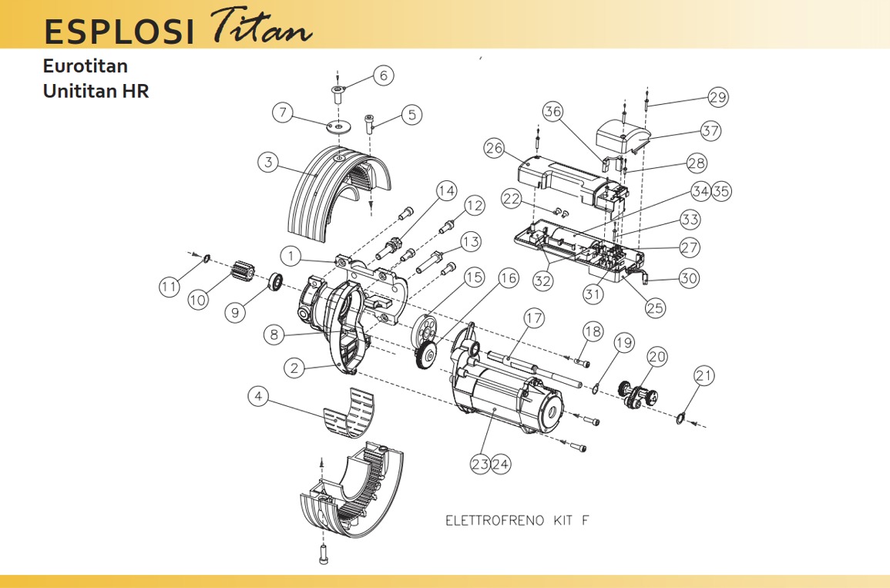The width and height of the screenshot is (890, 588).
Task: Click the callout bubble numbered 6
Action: (x=384, y=76)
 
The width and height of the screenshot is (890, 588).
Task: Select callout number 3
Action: (x=268, y=162)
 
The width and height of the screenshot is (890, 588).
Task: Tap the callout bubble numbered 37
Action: (x=710, y=131)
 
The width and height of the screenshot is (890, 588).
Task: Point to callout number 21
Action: (x=704, y=376)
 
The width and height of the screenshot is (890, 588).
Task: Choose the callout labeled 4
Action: (x=259, y=397)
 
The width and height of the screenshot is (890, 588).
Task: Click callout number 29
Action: (x=718, y=98)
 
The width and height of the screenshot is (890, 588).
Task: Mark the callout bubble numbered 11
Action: (x=169, y=287)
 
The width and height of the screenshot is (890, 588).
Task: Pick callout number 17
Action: (x=534, y=318)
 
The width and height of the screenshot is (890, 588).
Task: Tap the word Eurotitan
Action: (x=86, y=66)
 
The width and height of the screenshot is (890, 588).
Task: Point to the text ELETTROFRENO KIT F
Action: (x=517, y=520)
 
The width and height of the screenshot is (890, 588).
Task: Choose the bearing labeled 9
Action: (x=274, y=284)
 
